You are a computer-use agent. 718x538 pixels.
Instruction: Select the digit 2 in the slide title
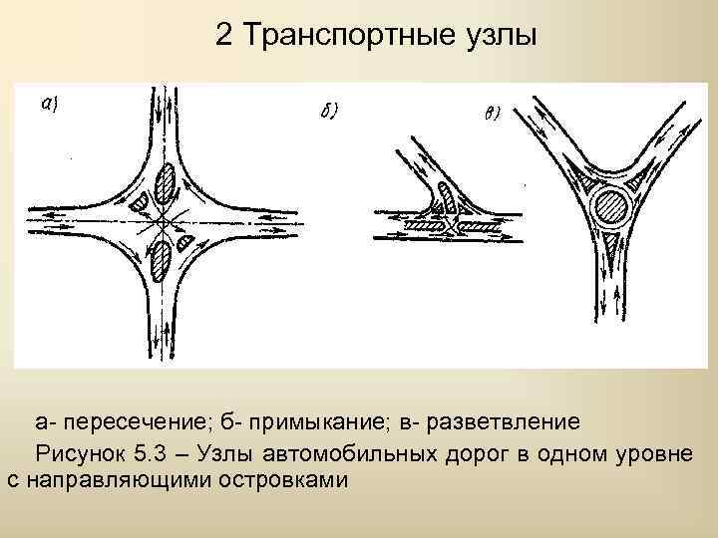222,37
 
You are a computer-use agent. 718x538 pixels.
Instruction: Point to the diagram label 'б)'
329,112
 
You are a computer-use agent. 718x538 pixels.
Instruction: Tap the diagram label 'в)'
492,113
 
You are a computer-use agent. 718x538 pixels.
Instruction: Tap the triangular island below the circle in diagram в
609,239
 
